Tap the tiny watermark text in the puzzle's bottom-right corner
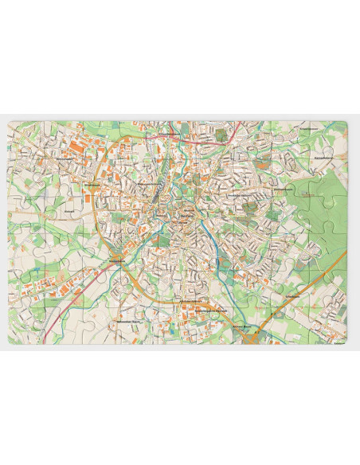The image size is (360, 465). (338, 340)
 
